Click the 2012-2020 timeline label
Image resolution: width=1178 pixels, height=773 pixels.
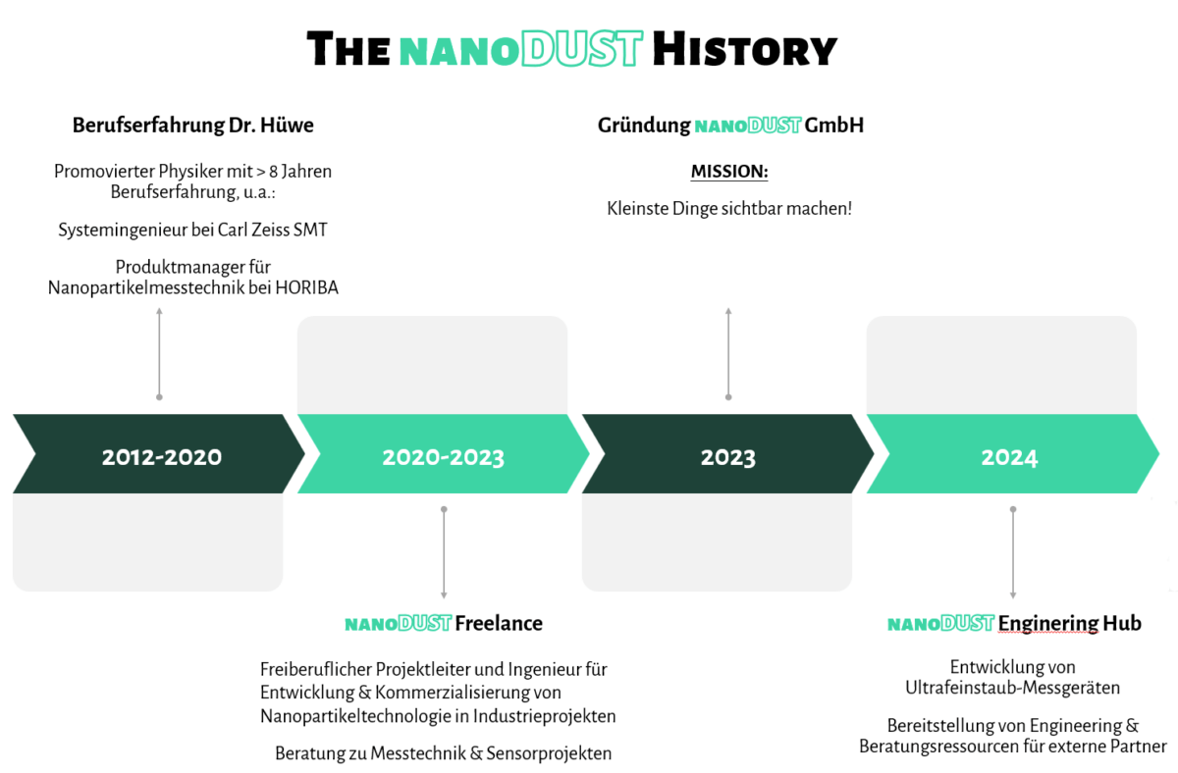[x=161, y=457]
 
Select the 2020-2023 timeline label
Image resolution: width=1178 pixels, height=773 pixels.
[x=443, y=457]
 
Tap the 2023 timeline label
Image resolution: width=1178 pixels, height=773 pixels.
[x=727, y=457]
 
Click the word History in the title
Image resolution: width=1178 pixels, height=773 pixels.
[x=744, y=48]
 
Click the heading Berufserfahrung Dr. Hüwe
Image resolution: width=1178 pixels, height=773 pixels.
[x=193, y=126]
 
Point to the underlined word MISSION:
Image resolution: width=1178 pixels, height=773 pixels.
[x=728, y=172]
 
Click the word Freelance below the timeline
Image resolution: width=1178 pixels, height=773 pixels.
[x=498, y=623]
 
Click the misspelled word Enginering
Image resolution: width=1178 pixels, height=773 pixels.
[x=1047, y=623]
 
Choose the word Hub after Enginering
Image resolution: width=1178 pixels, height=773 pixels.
[x=1122, y=623]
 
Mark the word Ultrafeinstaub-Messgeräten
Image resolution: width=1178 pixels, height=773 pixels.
[x=1013, y=688]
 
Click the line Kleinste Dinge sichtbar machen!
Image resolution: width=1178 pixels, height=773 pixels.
[x=728, y=208]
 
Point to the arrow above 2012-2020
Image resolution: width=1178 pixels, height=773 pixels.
[x=159, y=353]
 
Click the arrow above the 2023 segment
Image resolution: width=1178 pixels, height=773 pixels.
[x=728, y=353]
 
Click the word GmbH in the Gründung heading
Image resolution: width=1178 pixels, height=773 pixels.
[x=833, y=126]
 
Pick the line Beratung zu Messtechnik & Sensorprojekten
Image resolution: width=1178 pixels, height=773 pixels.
[x=443, y=753]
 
